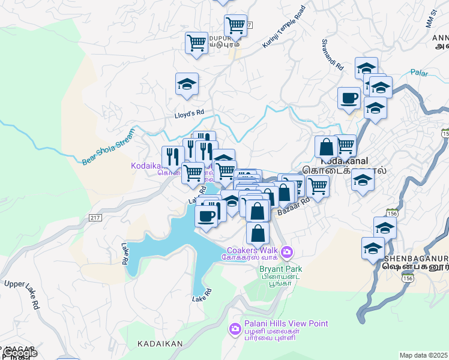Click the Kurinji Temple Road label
(284, 28)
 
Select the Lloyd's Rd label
(189, 112)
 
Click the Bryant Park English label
(280, 269)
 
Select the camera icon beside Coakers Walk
(287, 251)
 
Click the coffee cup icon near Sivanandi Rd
(349, 98)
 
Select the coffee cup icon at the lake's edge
(206, 216)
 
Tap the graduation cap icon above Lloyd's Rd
(187, 84)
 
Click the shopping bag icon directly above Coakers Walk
(258, 233)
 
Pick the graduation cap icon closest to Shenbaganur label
(373, 247)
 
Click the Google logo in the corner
(19, 353)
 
